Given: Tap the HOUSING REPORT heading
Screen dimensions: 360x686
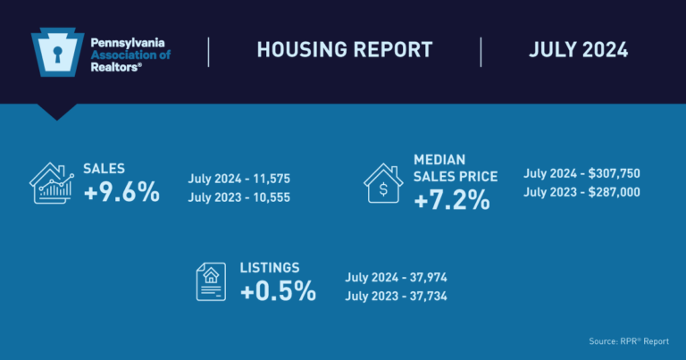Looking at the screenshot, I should [x=345, y=50].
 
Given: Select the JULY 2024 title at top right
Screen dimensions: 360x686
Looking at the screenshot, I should [x=578, y=50].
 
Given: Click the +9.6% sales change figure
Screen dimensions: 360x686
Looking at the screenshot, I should [x=121, y=191].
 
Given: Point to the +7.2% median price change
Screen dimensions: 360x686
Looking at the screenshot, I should [x=452, y=200].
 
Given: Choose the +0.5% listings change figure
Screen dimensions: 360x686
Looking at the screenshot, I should [x=278, y=291].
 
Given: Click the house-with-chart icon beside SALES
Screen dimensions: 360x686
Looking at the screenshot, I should [x=51, y=182].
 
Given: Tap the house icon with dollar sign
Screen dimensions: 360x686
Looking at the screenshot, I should [x=384, y=183].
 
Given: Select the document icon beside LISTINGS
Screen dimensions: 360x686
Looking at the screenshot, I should [x=210, y=280].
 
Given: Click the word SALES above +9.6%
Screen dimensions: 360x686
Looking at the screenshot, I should [x=104, y=168].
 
